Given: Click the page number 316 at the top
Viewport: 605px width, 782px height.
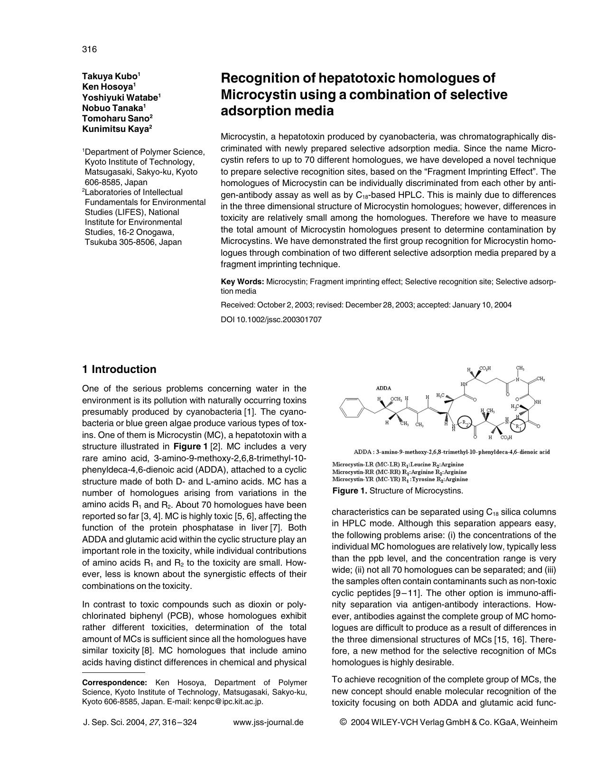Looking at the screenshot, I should click(x=89, y=49).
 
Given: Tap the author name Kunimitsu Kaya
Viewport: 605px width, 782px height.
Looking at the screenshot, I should click(x=115, y=129).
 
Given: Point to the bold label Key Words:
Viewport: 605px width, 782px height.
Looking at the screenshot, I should click(x=242, y=281).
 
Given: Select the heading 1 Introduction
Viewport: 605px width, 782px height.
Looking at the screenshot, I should click(x=119, y=369).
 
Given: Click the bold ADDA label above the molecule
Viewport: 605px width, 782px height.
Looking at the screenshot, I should click(x=383, y=388).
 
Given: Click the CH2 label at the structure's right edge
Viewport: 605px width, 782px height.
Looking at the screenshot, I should click(x=541, y=379).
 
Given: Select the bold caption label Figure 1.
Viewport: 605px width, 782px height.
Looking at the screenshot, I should click(x=349, y=491).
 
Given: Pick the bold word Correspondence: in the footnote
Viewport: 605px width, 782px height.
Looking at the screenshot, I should click(x=114, y=682).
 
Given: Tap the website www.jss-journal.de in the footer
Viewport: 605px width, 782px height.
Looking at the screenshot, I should click(x=268, y=723).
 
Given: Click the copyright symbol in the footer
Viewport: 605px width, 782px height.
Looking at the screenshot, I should click(x=343, y=723).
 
